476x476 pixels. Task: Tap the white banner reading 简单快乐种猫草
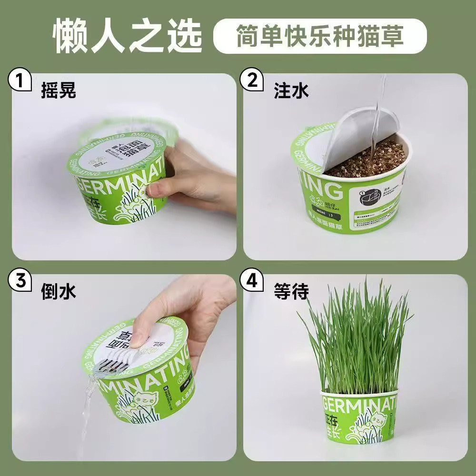320,36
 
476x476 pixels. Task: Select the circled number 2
252,80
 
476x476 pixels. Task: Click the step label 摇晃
58,90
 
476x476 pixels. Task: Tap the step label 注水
291,90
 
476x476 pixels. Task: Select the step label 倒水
58,291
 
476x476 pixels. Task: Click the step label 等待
291,291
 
